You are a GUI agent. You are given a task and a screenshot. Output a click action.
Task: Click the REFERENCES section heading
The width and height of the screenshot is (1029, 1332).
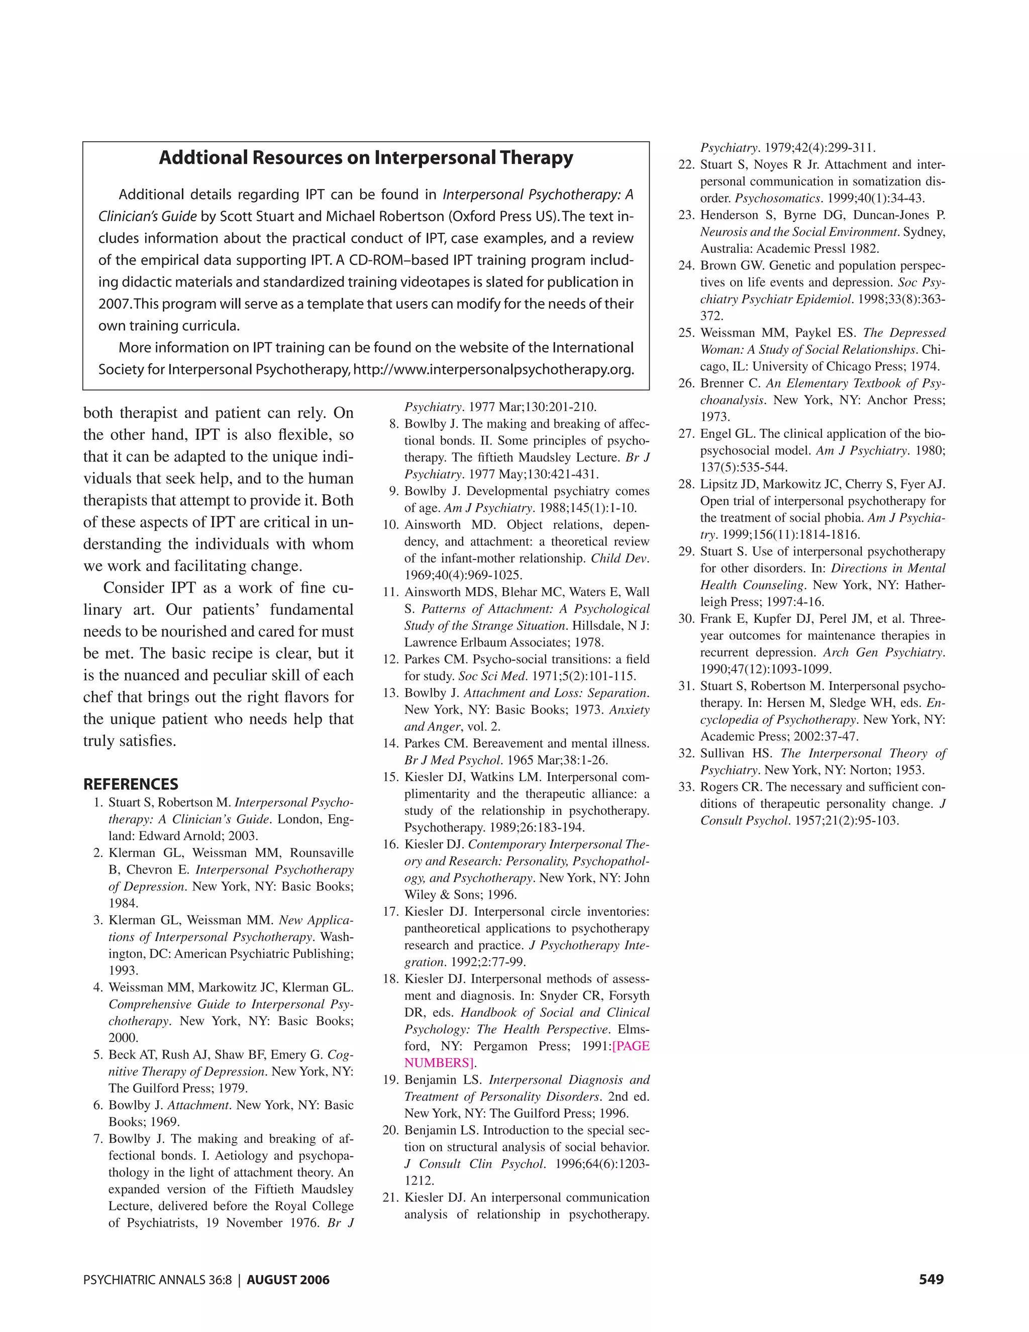coord(131,784)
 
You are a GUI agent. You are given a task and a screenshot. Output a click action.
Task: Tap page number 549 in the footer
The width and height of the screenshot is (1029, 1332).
coord(931,1280)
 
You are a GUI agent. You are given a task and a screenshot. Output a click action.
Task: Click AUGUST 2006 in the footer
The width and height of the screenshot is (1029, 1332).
coord(288,1280)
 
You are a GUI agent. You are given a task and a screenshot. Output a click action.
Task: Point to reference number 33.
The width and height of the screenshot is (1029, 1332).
coord(686,787)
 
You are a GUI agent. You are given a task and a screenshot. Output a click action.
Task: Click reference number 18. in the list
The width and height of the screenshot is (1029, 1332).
coord(391,979)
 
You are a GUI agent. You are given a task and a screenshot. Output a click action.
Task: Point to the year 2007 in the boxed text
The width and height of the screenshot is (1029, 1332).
coord(114,304)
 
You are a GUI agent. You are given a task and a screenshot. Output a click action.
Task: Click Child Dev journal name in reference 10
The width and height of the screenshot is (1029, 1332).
coord(618,558)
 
